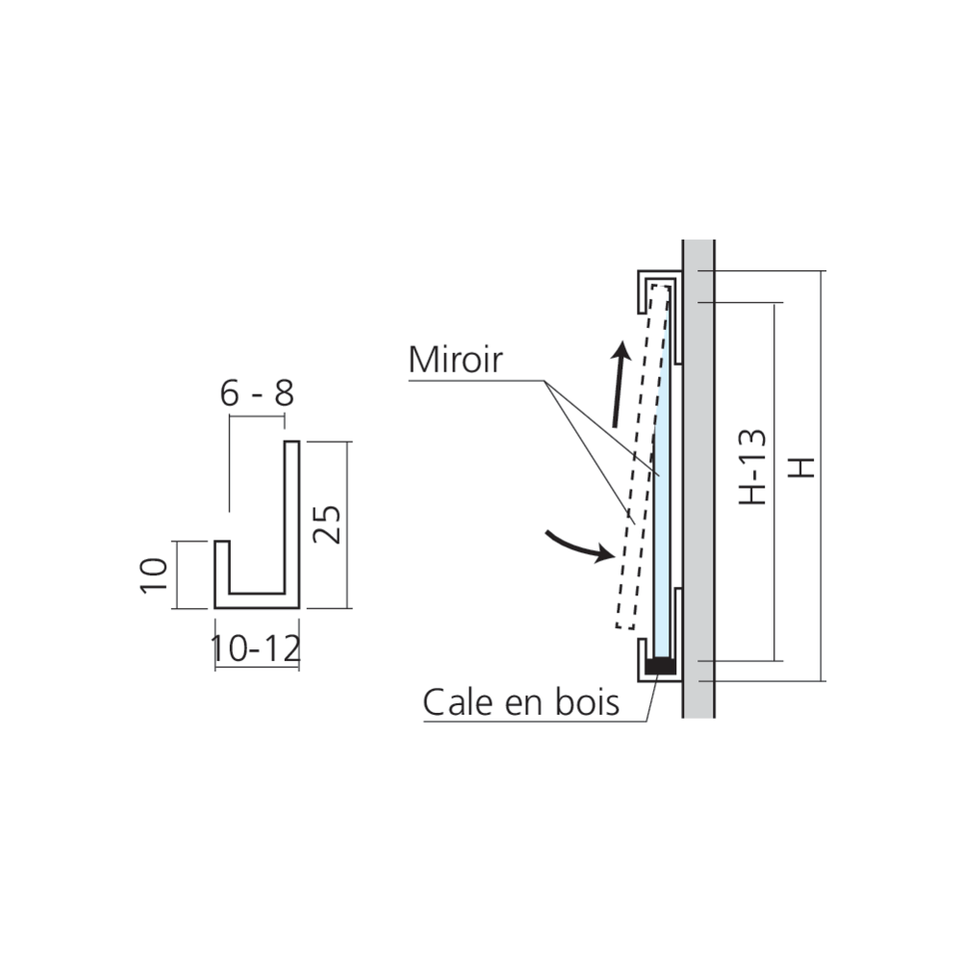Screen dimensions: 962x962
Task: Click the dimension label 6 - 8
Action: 257,393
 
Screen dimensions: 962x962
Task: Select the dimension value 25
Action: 326,524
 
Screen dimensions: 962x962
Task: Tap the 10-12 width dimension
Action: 255,648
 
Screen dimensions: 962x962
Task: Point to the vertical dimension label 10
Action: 153,575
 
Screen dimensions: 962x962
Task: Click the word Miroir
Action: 455,360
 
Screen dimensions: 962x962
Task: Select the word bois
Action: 587,702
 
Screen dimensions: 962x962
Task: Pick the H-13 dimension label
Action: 753,467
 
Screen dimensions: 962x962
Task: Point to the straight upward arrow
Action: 620,384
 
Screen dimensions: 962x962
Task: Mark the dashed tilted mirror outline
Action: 643,457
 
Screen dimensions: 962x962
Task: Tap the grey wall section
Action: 698,478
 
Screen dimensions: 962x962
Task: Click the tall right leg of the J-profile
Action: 292,524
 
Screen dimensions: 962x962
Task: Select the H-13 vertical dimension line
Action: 774,482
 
